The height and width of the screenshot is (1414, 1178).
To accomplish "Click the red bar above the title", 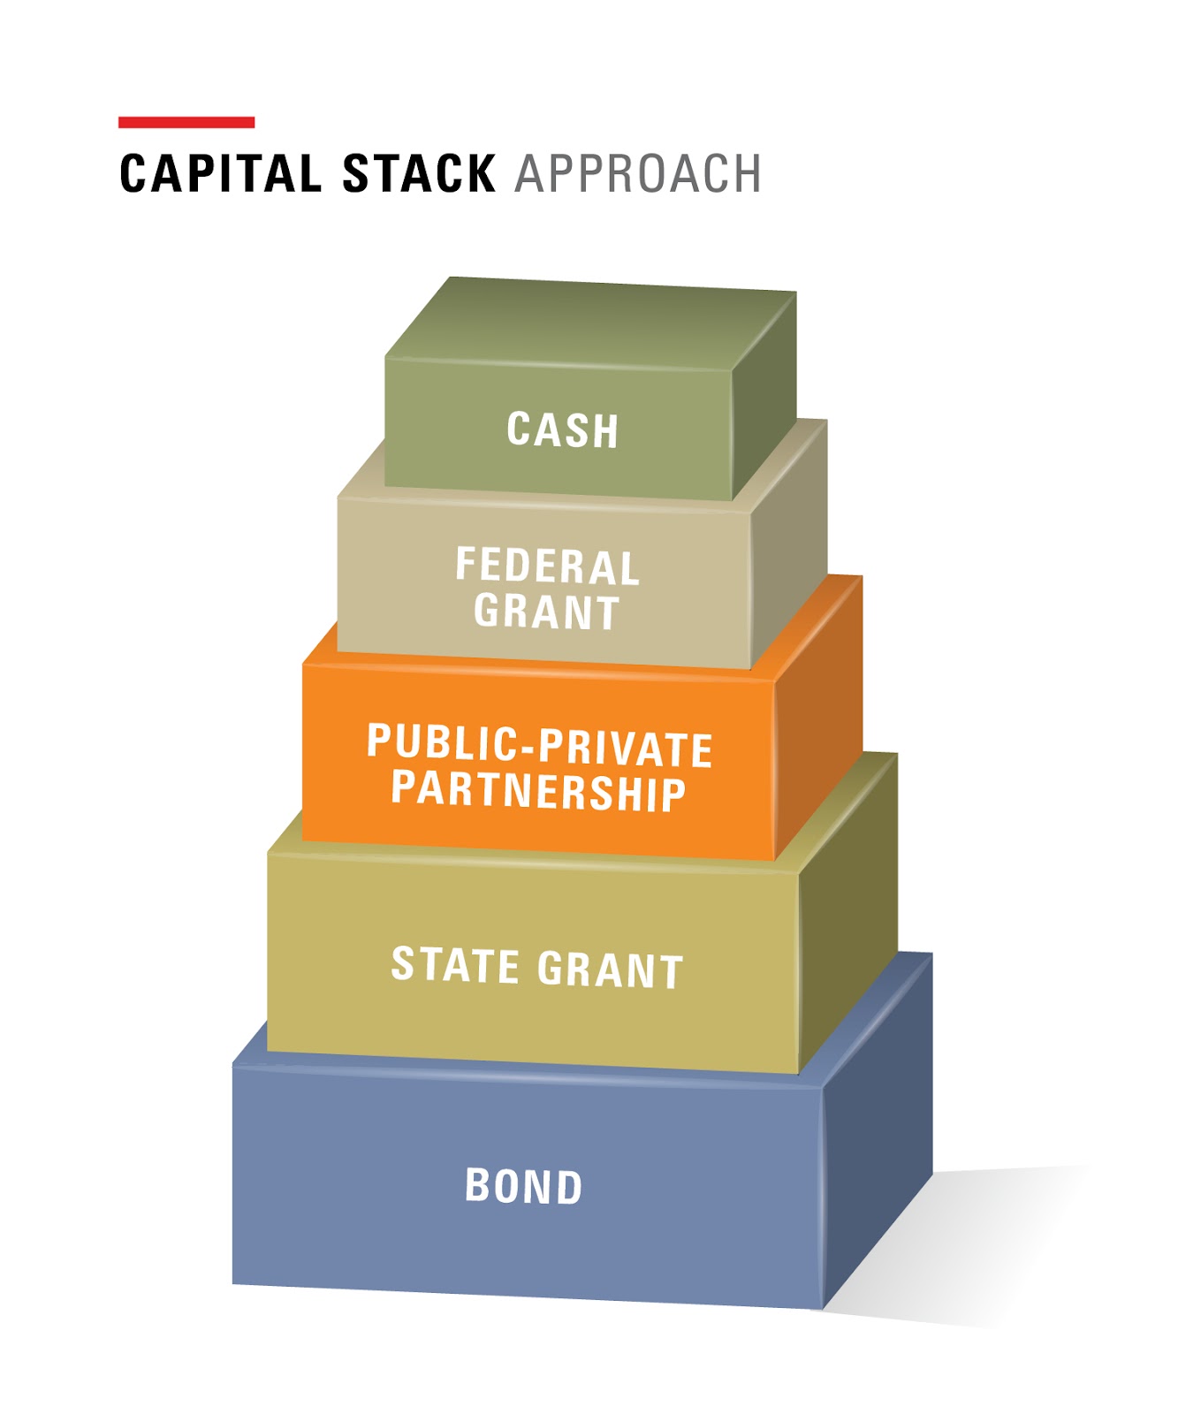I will (x=186, y=122).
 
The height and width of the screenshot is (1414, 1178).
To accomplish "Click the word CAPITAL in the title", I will (x=220, y=173).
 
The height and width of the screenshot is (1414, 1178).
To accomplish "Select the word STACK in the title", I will (x=419, y=173).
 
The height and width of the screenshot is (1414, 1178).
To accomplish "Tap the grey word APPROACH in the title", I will (x=637, y=173).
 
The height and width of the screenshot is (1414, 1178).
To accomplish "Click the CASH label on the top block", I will (x=562, y=430).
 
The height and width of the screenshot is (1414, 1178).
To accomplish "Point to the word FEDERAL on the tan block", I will (x=547, y=566).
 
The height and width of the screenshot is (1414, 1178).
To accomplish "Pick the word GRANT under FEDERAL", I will (x=546, y=612).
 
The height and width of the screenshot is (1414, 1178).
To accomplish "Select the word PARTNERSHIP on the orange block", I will (x=538, y=790).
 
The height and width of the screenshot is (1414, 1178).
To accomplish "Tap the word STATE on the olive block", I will (x=455, y=965).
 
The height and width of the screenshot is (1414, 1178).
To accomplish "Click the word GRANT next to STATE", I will (x=611, y=969).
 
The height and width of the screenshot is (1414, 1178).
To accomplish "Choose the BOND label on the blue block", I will (x=524, y=1186).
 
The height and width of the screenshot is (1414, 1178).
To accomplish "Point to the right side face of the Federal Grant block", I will (x=789, y=566).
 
